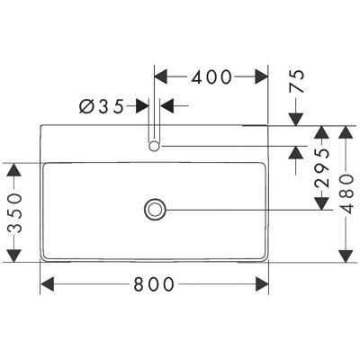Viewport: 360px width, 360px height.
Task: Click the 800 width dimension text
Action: [x=154, y=283]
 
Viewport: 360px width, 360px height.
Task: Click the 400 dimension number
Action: [x=211, y=76]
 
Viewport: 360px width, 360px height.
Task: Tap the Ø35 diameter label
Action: [x=102, y=106]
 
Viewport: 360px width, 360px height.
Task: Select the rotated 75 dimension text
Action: [x=297, y=81]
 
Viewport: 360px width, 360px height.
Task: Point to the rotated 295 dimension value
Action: [x=322, y=167]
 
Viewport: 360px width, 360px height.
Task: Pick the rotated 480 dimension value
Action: [x=347, y=193]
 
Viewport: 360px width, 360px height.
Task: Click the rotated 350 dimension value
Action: [x=14, y=213]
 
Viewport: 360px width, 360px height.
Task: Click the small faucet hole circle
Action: [x=154, y=146]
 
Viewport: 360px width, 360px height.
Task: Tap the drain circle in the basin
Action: [x=155, y=210]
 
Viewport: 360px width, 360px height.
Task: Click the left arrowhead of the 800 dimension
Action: [x=47, y=283]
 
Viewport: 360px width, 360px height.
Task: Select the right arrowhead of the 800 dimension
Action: [x=262, y=283]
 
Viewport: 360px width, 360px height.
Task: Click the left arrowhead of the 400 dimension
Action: [x=161, y=76]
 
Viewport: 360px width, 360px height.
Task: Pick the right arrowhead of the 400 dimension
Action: [x=261, y=76]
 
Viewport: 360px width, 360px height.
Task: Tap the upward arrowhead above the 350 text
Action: [x=14, y=170]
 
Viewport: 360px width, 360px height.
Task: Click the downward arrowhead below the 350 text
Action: [x=14, y=256]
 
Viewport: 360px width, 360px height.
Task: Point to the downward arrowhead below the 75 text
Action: [x=296, y=119]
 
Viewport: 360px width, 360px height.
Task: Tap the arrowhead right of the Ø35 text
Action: [x=142, y=106]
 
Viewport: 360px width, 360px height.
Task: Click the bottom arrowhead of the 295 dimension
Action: [x=322, y=203]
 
